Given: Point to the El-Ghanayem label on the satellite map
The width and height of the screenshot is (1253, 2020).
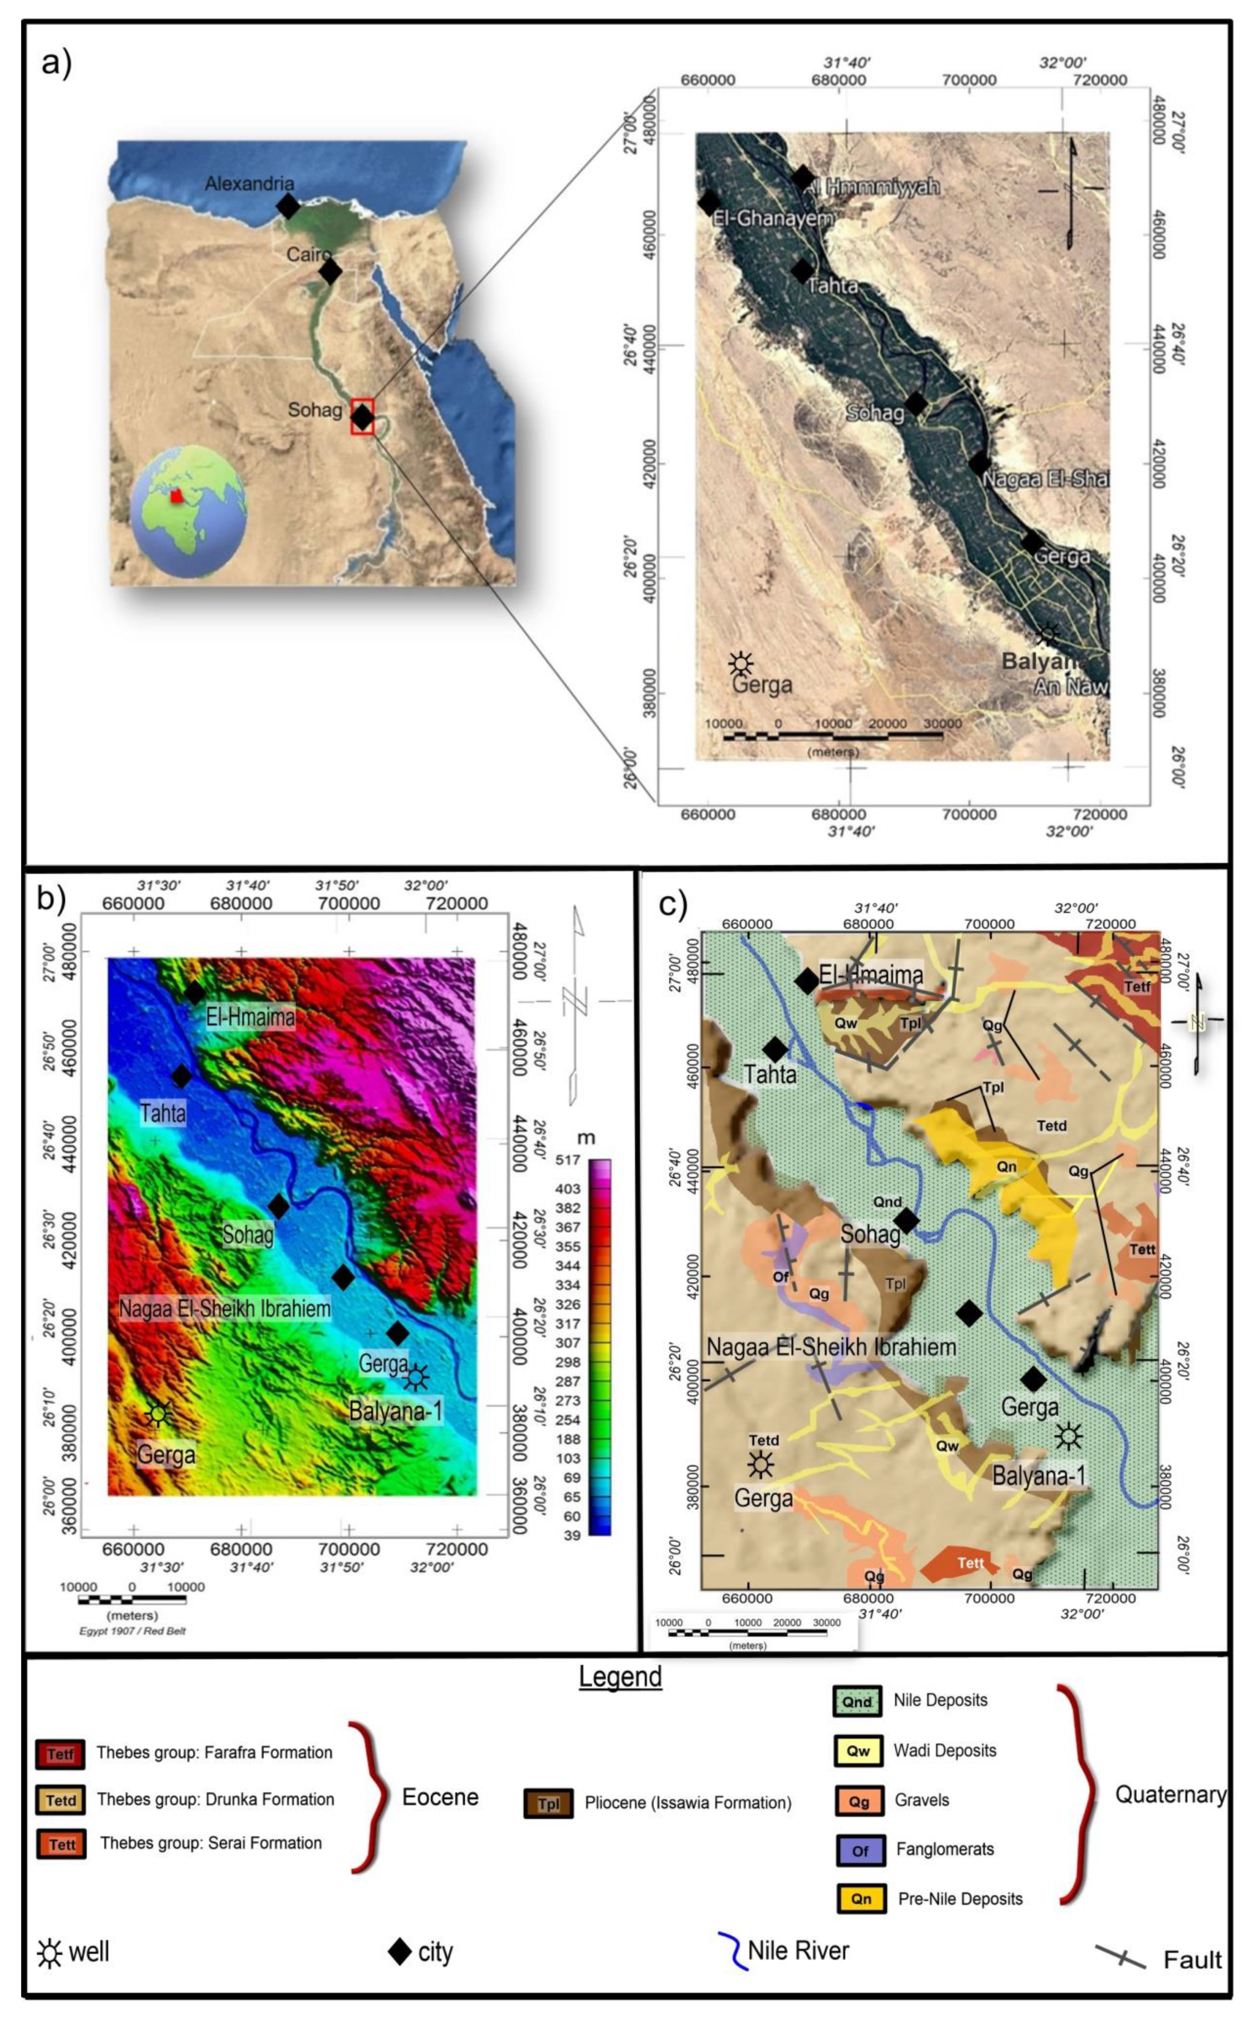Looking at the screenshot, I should (772, 218).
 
